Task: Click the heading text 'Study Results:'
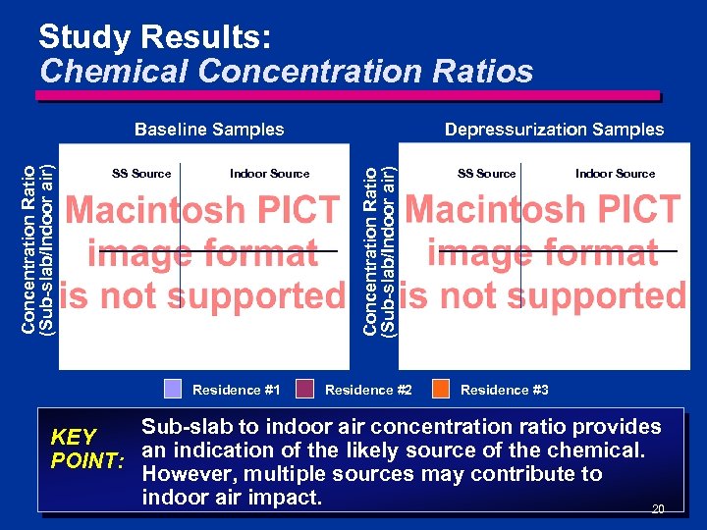154,38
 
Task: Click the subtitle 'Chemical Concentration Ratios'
286,72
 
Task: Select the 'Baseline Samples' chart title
209,130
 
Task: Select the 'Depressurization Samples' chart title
554,130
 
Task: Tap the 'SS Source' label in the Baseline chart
141,174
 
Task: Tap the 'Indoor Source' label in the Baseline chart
269,174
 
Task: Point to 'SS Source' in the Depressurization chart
487,174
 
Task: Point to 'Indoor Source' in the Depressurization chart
615,174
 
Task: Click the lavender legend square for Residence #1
173,389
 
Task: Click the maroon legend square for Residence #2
304,389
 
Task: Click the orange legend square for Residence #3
441,389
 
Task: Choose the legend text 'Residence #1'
237,390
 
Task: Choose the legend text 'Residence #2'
368,390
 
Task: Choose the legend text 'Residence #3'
505,390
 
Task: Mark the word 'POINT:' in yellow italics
87,461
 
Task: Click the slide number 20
658,508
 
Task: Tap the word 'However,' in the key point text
188,474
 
